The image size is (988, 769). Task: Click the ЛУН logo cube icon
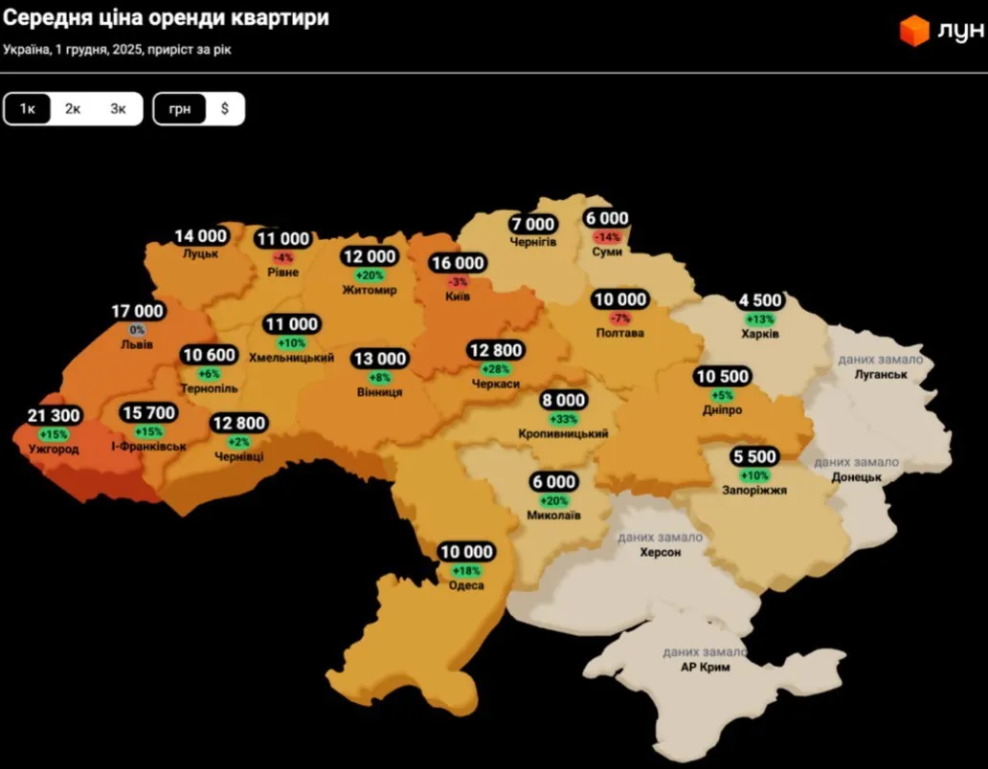click(x=914, y=31)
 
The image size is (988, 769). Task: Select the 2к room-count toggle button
click(x=73, y=109)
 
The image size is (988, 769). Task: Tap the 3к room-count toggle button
click(x=118, y=109)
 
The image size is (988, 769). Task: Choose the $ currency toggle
click(x=225, y=109)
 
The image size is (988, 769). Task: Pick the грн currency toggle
click(x=180, y=109)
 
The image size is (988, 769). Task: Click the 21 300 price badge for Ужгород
click(x=55, y=416)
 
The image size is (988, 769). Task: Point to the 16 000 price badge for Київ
click(x=458, y=264)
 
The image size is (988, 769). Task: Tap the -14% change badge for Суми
click(x=608, y=236)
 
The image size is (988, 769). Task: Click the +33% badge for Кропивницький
click(x=564, y=419)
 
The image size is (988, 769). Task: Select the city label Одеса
click(x=466, y=585)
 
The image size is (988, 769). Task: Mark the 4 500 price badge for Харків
click(x=760, y=301)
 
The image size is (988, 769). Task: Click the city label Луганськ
click(x=880, y=374)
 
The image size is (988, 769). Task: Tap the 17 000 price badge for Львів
click(x=138, y=312)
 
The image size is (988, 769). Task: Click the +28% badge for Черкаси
click(x=496, y=369)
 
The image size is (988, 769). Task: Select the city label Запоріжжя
click(x=754, y=490)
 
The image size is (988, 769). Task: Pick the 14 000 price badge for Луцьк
click(x=200, y=236)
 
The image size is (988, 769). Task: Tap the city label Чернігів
click(x=533, y=241)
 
